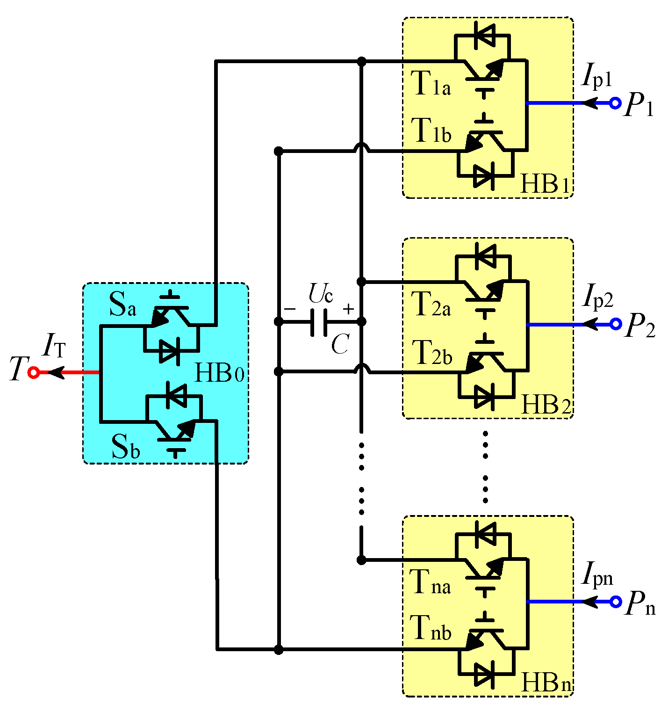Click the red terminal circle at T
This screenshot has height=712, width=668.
tap(33, 373)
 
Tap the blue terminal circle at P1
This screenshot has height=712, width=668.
tap(616, 103)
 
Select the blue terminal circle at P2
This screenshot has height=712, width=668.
tap(616, 324)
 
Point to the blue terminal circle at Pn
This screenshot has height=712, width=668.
tap(616, 602)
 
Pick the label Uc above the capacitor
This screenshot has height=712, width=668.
tap(321, 294)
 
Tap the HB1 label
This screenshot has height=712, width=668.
tap(545, 185)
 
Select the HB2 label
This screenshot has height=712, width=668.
tap(545, 405)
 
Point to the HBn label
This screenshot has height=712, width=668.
tap(546, 683)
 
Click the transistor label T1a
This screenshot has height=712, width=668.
tap(431, 84)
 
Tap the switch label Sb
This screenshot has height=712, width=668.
tap(125, 447)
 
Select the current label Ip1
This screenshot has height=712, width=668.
tap(596, 77)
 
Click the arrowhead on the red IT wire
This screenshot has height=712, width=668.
tap(56, 373)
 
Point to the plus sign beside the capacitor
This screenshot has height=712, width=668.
tap(348, 309)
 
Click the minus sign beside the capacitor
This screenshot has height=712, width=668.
tap(290, 309)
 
